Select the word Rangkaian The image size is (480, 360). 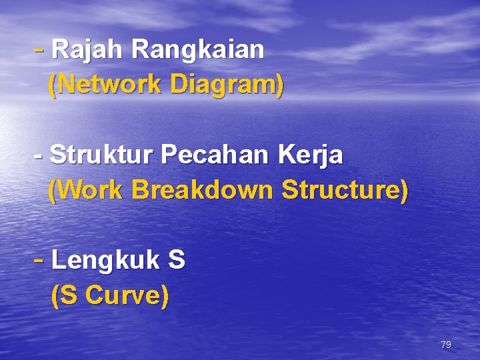click(198, 49)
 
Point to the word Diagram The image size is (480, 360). click(223, 85)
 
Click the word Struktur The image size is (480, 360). click(101, 155)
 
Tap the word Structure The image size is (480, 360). click(339, 191)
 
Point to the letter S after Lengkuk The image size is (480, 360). click(177, 261)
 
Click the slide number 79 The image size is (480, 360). click(446, 345)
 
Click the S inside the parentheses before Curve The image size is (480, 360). click(70, 295)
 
